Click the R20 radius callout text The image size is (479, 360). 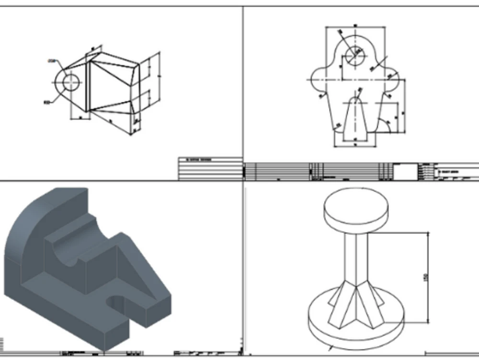tap(47, 102)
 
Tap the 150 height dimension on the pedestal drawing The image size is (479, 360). tap(426, 277)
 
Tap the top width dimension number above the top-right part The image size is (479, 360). tap(355, 25)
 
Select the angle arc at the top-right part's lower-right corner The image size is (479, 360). tap(389, 125)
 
